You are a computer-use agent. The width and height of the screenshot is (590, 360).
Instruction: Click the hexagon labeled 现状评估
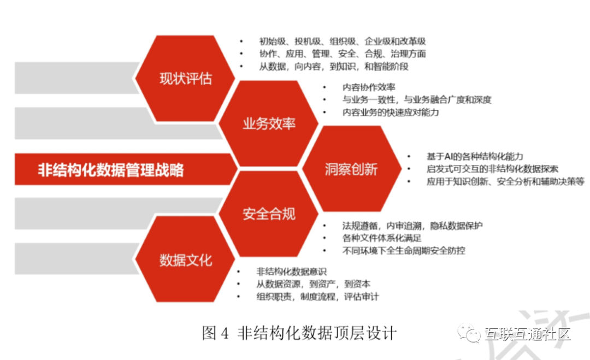tap(185, 78)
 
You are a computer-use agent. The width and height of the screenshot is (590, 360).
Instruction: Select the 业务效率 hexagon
tap(269, 123)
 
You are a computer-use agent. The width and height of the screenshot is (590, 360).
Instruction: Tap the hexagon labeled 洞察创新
tap(351, 169)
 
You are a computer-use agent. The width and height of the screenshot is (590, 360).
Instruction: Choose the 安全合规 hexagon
tap(269, 214)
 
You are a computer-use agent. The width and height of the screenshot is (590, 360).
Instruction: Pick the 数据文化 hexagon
tap(185, 259)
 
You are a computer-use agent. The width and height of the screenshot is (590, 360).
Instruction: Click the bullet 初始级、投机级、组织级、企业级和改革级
tap(342, 41)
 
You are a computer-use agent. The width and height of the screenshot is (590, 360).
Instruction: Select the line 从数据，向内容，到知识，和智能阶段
tap(333, 66)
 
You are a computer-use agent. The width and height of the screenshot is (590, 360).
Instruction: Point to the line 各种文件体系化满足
tap(382, 238)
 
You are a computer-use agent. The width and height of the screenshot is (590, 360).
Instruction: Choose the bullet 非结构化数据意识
tap(292, 272)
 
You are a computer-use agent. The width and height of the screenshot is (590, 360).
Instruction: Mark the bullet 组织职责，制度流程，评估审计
tap(317, 296)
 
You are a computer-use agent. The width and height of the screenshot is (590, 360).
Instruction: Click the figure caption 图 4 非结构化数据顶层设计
tap(298, 333)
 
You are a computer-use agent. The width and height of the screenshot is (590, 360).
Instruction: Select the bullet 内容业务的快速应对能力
tap(391, 113)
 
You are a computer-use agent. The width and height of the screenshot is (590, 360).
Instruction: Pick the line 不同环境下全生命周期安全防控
tap(404, 250)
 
